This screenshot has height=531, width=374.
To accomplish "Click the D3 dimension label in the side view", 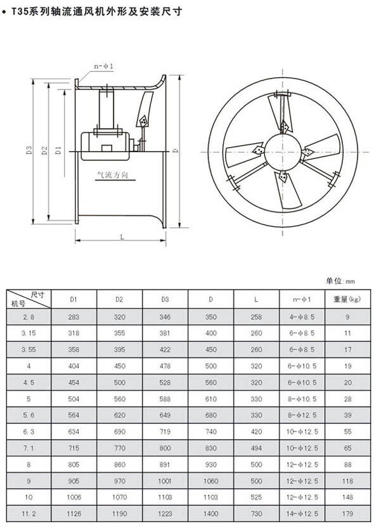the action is click(29, 150).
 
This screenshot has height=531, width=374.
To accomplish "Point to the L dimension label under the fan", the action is click(122, 237).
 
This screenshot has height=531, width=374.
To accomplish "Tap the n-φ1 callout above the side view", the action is click(104, 66).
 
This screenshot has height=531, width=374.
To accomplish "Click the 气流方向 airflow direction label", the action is click(112, 175).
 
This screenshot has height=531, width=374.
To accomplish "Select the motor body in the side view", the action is click(105, 146).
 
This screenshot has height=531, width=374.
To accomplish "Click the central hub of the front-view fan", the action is click(283, 151).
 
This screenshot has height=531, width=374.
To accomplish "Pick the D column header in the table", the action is click(210, 299).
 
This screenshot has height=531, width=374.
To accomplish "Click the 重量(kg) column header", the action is click(347, 299).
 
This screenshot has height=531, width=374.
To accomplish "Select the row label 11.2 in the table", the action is click(29, 514).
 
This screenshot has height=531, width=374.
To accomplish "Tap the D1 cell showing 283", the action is click(74, 317).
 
